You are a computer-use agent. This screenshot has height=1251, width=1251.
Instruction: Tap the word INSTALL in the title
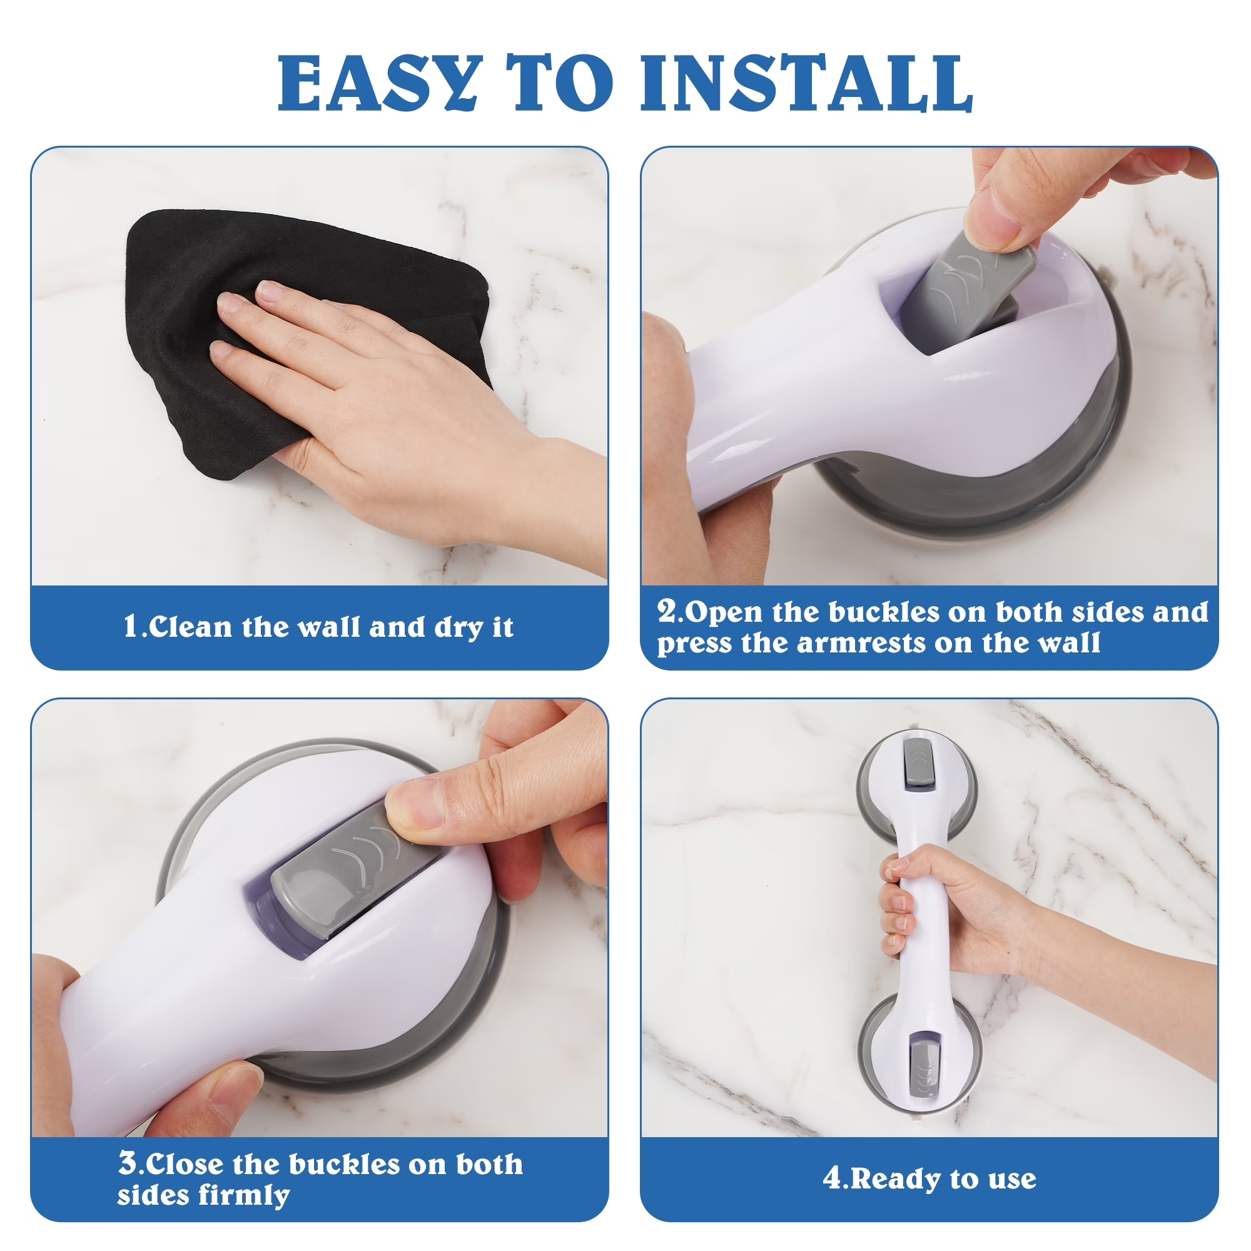coord(806,83)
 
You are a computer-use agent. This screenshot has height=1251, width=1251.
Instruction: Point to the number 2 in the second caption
coord(667,610)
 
